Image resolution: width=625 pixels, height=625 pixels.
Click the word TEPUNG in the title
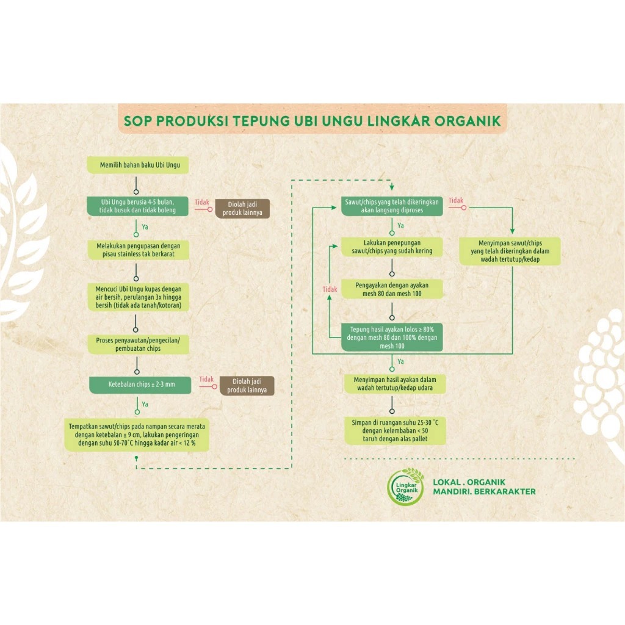257,120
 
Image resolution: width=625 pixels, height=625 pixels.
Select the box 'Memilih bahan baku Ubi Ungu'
136,165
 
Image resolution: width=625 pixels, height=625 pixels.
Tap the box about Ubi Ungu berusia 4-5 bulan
138,206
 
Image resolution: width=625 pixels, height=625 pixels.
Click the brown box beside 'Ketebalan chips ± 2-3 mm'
246,386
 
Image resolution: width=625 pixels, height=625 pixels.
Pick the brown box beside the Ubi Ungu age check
242,208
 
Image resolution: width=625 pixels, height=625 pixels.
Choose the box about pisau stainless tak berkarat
138,250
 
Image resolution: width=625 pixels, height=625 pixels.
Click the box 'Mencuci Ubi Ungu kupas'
138,297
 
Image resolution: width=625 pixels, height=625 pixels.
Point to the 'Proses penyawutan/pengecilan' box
138,344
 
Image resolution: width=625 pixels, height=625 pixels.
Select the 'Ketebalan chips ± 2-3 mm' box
140,385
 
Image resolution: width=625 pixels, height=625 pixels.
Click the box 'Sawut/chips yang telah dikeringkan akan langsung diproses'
391,206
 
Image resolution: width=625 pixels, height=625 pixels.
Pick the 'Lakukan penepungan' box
391,247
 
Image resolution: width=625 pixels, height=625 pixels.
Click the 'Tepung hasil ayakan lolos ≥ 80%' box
391,337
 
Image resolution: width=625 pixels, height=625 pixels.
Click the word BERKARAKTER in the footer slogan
507,492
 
